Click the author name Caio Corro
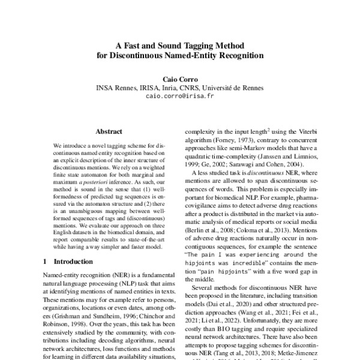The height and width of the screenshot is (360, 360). [180, 79]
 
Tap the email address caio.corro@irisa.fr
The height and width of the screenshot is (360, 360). [180, 95]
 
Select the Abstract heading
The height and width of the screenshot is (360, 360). [109, 131]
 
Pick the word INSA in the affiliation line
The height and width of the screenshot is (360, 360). [106, 87]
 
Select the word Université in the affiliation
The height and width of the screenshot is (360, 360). [226, 87]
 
